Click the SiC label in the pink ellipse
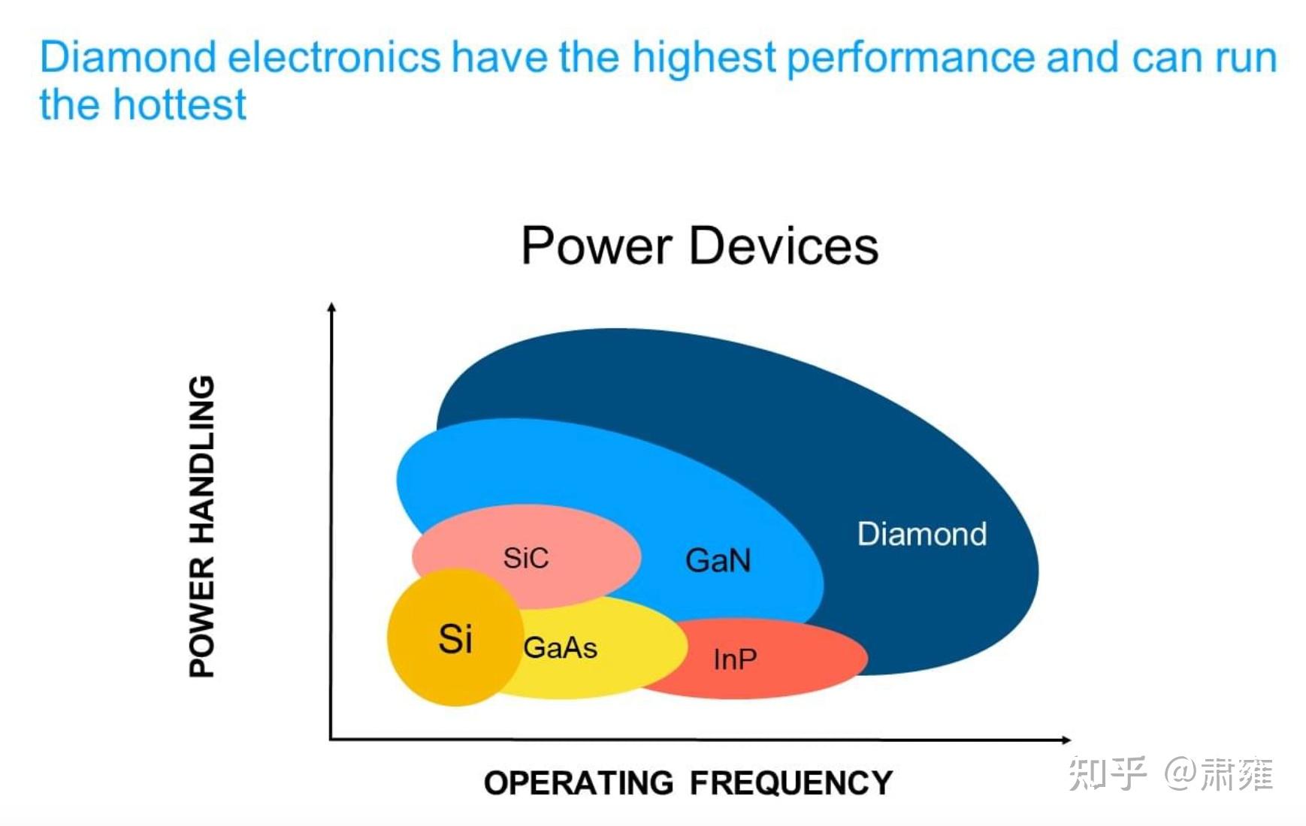(x=525, y=558)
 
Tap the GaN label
(x=718, y=560)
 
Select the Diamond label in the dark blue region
(x=921, y=534)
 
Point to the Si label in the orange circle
(x=455, y=639)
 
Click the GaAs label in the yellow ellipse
(x=560, y=647)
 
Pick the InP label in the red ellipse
(x=734, y=659)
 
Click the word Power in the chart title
(x=596, y=246)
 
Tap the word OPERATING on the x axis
(x=579, y=783)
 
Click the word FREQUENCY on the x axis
(x=791, y=783)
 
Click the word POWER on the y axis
(x=201, y=617)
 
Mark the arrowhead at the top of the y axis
(x=331, y=306)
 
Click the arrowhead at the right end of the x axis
(x=1066, y=740)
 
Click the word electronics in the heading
(x=334, y=57)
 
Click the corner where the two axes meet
(x=331, y=739)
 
